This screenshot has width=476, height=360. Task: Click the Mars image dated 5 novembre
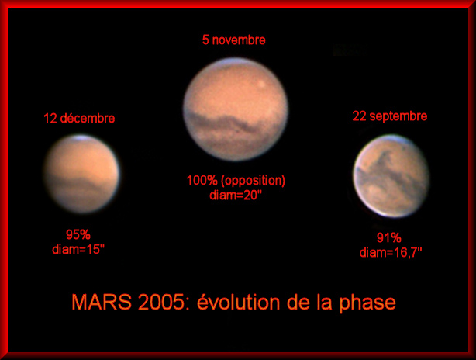click(236, 109)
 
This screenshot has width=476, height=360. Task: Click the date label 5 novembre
click(234, 40)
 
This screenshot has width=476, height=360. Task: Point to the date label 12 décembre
click(79, 119)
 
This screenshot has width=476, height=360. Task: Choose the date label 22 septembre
click(389, 116)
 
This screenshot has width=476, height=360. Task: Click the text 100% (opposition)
click(236, 181)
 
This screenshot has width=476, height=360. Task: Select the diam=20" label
click(236, 195)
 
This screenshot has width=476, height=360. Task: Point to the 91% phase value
click(388, 237)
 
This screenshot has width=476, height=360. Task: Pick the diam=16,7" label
click(391, 252)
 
